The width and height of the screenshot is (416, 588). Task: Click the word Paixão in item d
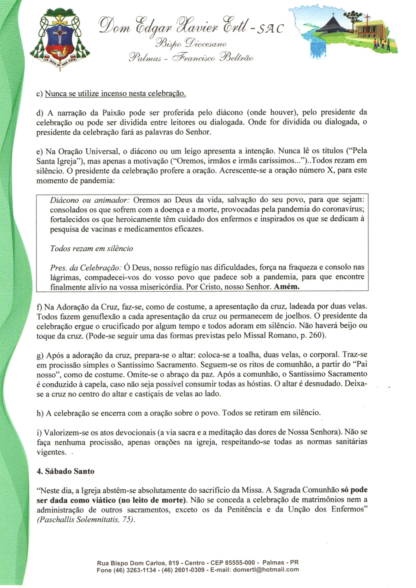tap(114, 113)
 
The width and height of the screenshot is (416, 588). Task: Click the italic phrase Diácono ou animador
tap(90, 200)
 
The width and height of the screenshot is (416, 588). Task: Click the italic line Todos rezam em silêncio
tap(91, 248)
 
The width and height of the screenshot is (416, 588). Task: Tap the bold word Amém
tap(287, 287)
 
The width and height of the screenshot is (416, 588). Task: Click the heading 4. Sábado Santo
tap(66, 471)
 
